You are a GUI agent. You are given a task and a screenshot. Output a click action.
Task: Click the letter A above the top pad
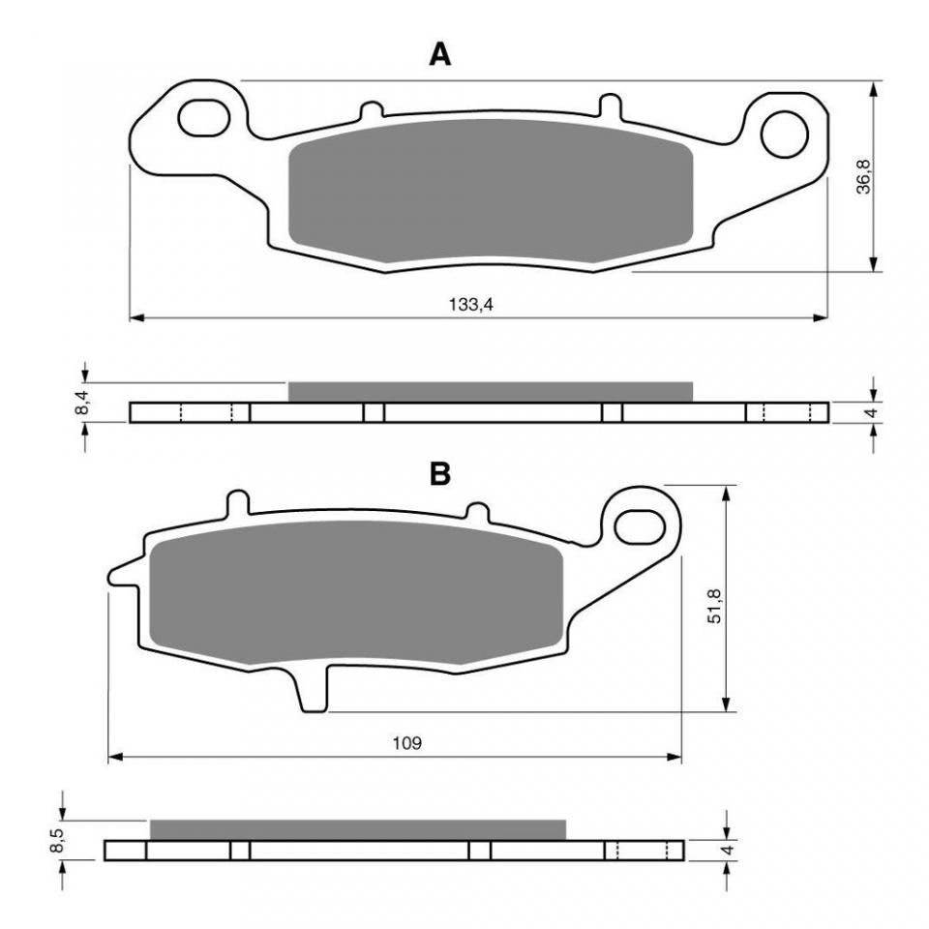click(x=440, y=55)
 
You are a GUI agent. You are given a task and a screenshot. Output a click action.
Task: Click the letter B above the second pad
click(x=440, y=474)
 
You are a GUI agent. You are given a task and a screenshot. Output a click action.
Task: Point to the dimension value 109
click(x=407, y=743)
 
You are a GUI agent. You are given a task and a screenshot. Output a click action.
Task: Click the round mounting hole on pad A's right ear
click(x=784, y=135)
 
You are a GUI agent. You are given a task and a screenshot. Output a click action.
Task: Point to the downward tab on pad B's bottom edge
click(x=313, y=691)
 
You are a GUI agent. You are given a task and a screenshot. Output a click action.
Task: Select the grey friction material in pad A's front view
click(x=491, y=194)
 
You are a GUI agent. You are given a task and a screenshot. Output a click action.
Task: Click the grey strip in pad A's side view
click(x=491, y=391)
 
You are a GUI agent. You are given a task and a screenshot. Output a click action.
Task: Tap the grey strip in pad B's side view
click(x=357, y=829)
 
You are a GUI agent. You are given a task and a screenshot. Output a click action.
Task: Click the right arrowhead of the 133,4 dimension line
click(x=823, y=316)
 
